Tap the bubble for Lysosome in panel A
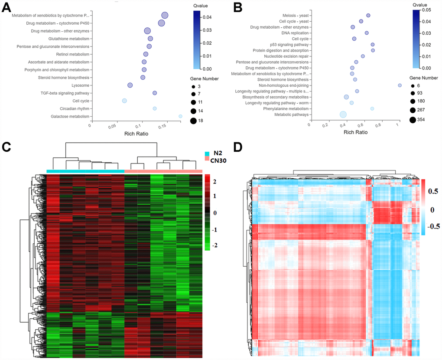pyautogui.click(x=130, y=85)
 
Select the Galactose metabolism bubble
pyautogui.click(x=180, y=116)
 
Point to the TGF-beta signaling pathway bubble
pyautogui.click(x=155, y=93)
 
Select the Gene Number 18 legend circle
pyautogui.click(x=193, y=121)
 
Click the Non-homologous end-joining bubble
pyautogui.click(x=400, y=85)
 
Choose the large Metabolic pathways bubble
pyautogui.click(x=343, y=115)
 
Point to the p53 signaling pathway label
pyautogui.click(x=289, y=45)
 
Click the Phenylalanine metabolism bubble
pyautogui.click(x=372, y=108)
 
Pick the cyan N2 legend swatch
pyautogui.click(x=208, y=153)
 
